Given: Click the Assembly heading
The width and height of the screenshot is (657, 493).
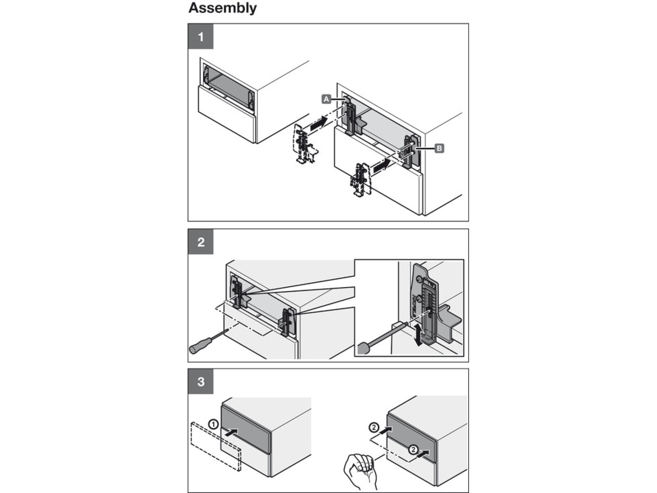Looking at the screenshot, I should [x=222, y=8].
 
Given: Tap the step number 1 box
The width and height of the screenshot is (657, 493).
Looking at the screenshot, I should [x=200, y=37].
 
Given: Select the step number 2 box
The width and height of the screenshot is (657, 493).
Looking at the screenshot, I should [x=200, y=242].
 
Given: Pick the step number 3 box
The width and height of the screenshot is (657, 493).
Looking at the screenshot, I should [x=200, y=382].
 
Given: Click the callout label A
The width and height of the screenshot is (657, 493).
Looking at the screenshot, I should [x=326, y=99].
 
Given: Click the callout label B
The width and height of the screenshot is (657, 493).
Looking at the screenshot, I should [x=439, y=148].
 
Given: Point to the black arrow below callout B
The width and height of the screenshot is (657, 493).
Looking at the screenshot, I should [x=380, y=167].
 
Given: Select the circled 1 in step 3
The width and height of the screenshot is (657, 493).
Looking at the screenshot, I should [x=214, y=424].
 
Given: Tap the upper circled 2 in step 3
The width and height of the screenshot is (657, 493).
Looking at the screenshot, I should [x=374, y=427].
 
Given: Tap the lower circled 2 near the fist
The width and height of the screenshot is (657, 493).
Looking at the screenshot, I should [x=413, y=450].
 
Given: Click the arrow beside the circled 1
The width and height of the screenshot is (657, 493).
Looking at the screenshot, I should [x=231, y=432].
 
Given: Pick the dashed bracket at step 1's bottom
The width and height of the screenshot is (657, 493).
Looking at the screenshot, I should [x=360, y=180].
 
